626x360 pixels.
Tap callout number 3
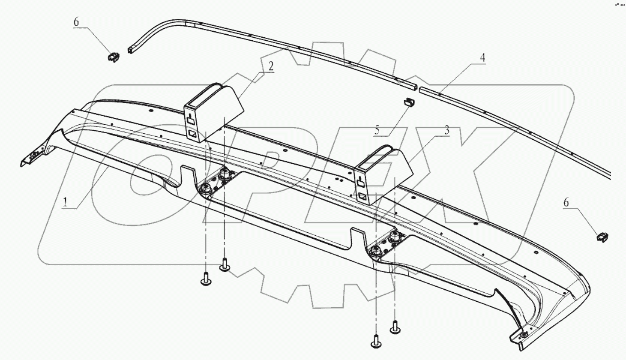pos(446,130)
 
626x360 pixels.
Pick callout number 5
pos(377,130)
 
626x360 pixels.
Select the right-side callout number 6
pos(566,203)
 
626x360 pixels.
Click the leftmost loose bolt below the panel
pos(206,279)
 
